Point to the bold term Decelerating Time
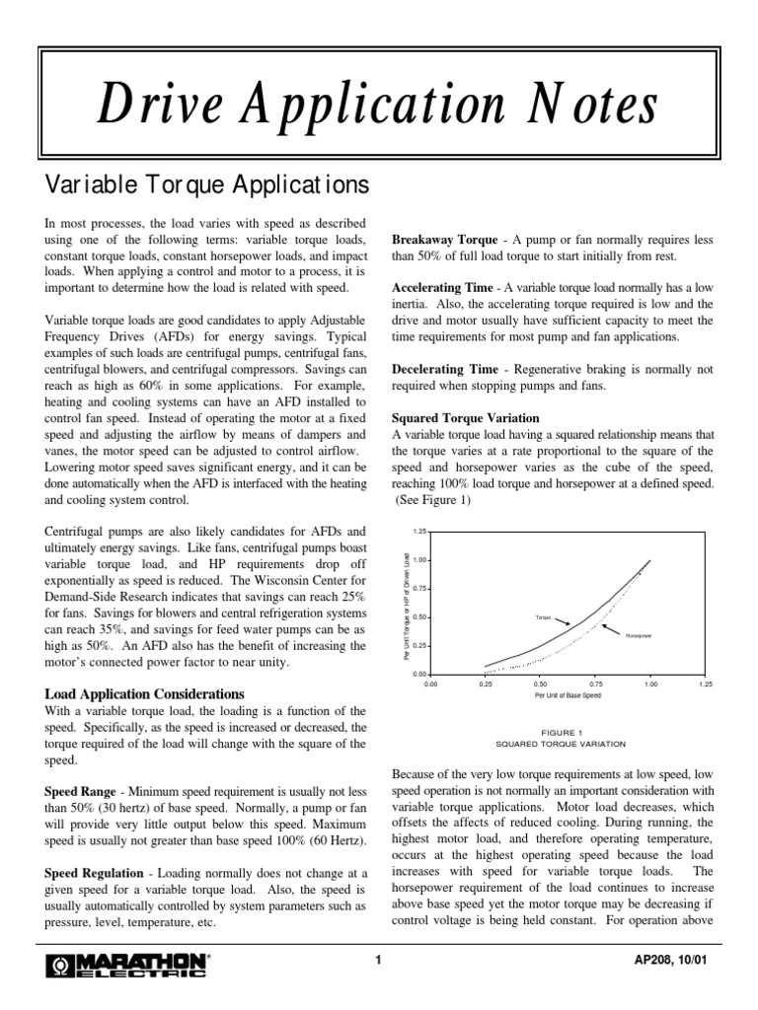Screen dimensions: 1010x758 point(445,370)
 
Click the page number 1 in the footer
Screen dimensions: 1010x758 point(378,963)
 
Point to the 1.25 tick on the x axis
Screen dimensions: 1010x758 point(705,682)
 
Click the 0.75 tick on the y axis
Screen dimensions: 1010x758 point(419,589)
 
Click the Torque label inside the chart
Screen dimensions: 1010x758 point(543,616)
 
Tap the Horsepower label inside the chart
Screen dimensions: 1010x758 point(640,636)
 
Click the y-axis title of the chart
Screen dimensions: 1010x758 point(408,604)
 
